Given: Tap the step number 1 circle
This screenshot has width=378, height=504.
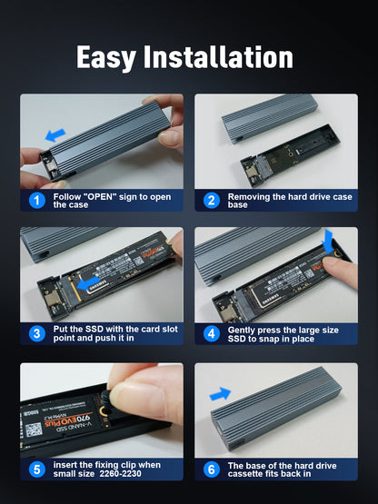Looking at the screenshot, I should tap(36, 201).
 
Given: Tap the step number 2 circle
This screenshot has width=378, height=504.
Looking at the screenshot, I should tap(211, 201).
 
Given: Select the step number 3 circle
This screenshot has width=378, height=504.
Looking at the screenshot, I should tap(36, 333).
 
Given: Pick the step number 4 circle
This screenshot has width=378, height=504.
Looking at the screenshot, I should tap(211, 333).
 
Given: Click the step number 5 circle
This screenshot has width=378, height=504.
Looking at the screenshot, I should tap(36, 469).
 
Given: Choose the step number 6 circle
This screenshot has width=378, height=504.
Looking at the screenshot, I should tap(211, 469).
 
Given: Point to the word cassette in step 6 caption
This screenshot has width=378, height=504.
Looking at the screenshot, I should tap(249, 472).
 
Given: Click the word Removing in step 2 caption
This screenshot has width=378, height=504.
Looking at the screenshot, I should tap(252, 196).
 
